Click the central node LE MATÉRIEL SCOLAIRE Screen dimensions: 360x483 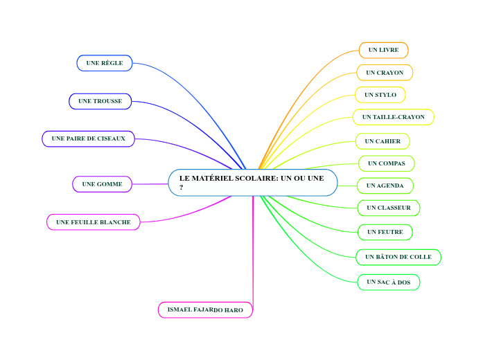[252, 183]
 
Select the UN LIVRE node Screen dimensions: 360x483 [383, 50]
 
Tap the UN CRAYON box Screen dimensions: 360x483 [385, 73]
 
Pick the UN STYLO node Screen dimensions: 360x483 [380, 95]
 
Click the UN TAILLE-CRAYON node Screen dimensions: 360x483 [393, 117]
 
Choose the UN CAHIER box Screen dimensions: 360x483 [383, 141]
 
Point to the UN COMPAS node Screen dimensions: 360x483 [387, 163]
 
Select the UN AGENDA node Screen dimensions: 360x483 [385, 186]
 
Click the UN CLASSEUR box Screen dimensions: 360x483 [389, 208]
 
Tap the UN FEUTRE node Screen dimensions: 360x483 [385, 232]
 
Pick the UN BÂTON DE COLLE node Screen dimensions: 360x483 [398, 257]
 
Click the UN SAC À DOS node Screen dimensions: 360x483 [389, 282]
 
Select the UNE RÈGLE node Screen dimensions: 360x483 [105, 63]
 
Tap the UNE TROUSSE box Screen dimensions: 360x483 [100, 101]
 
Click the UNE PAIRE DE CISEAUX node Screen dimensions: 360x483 [89, 138]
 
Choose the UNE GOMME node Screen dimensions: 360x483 [102, 184]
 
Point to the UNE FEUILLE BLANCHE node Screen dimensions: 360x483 [94, 222]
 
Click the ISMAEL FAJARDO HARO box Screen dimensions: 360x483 [205, 310]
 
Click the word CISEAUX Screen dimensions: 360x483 [111, 138]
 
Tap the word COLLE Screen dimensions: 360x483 [420, 257]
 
